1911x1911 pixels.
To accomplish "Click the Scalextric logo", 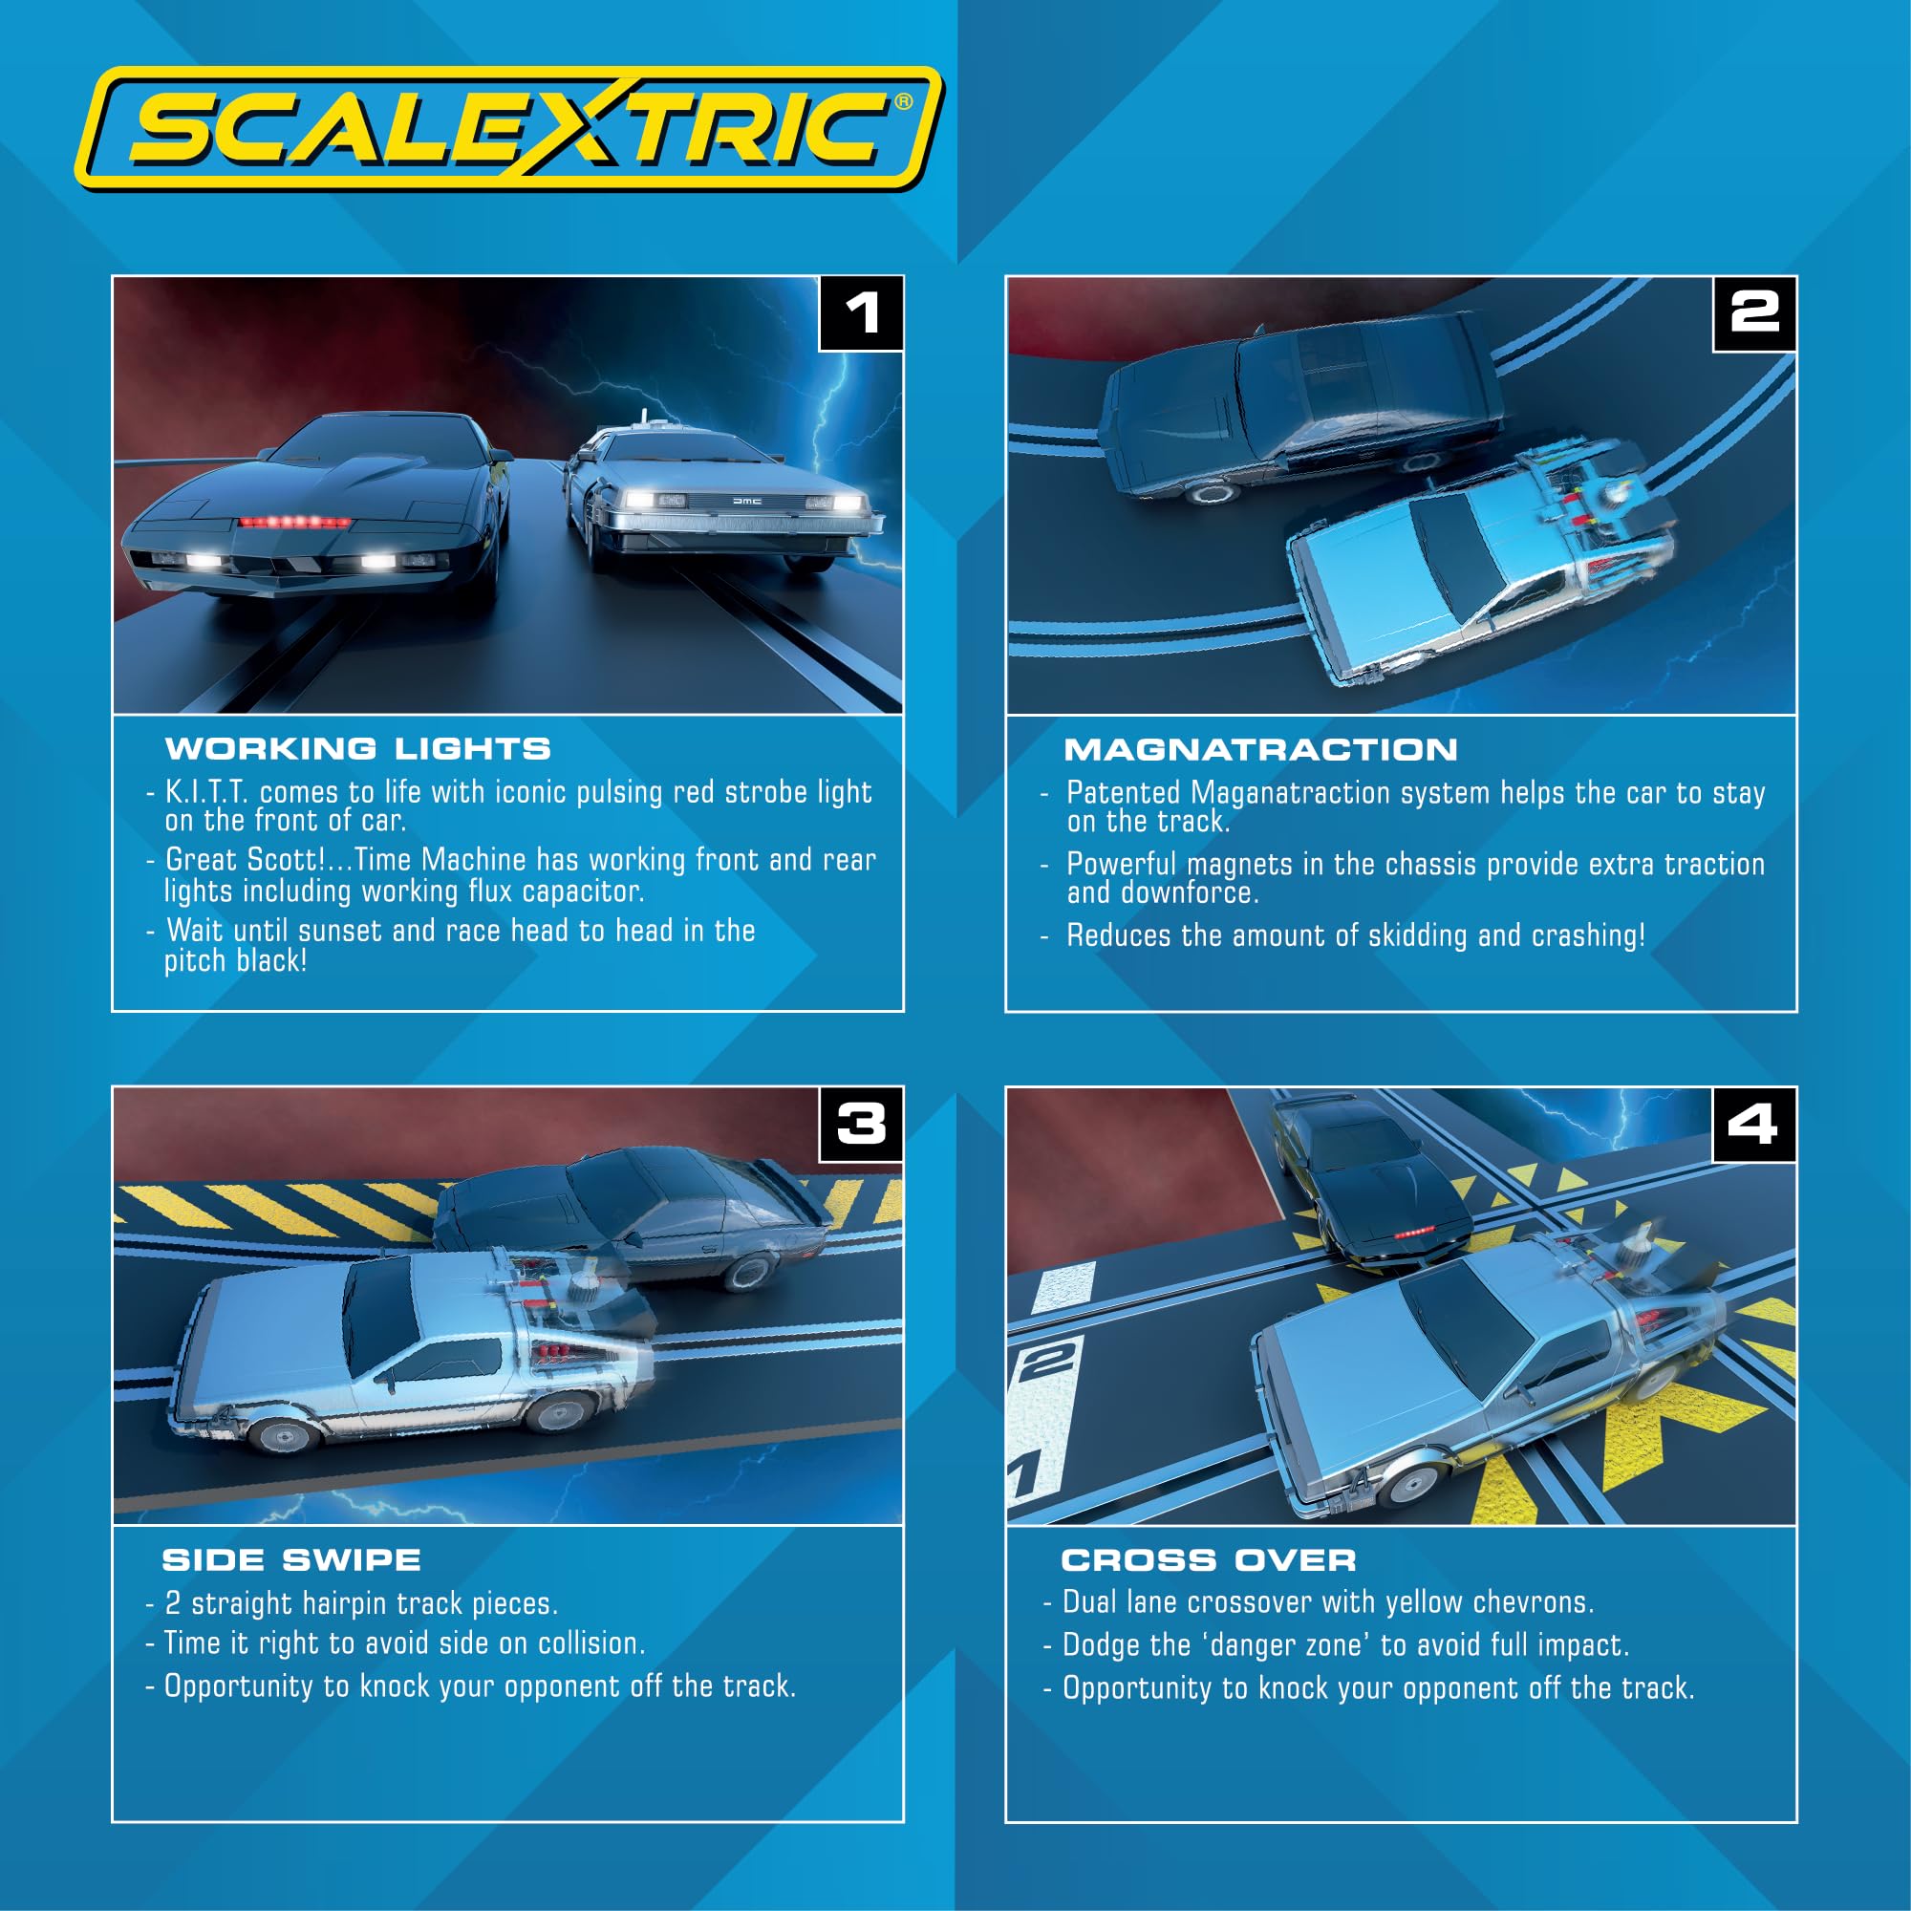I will [509, 129].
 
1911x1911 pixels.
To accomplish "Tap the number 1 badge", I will [861, 313].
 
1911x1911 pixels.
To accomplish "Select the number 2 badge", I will [1753, 313].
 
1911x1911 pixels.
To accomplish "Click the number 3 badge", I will [861, 1124].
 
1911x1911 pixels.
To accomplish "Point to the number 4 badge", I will [1752, 1124].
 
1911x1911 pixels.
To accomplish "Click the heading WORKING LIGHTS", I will [358, 749].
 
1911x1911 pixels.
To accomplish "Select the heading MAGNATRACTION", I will [1260, 750].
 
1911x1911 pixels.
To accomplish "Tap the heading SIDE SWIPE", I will [291, 1560].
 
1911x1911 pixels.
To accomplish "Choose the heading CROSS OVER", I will [1209, 1560].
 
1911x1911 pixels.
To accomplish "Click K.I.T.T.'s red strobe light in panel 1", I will [282, 522].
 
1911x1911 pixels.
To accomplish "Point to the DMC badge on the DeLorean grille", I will [747, 502].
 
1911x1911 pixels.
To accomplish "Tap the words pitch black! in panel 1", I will [235, 960].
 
